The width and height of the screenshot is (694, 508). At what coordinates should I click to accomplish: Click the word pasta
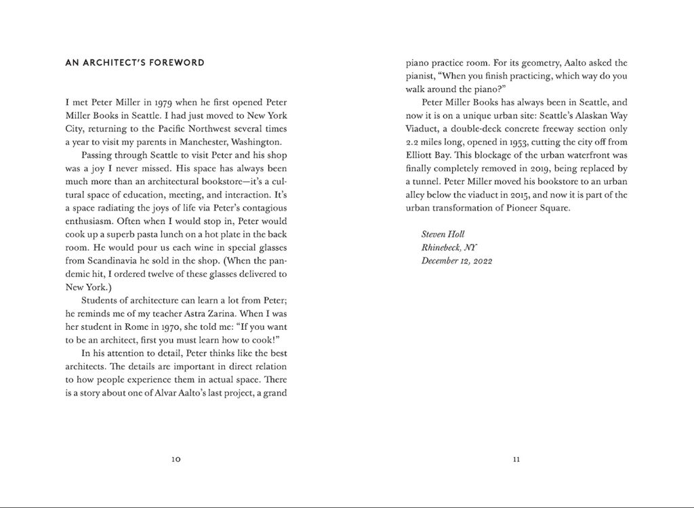pyautogui.click(x=155, y=234)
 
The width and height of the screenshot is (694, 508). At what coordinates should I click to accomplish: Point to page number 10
pyautogui.click(x=176, y=459)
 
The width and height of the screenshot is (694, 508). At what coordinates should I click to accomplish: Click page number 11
pyautogui.click(x=516, y=459)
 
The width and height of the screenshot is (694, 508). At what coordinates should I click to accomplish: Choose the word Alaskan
pyautogui.click(x=580, y=115)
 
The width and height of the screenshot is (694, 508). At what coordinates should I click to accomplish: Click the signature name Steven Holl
pyautogui.click(x=443, y=234)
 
